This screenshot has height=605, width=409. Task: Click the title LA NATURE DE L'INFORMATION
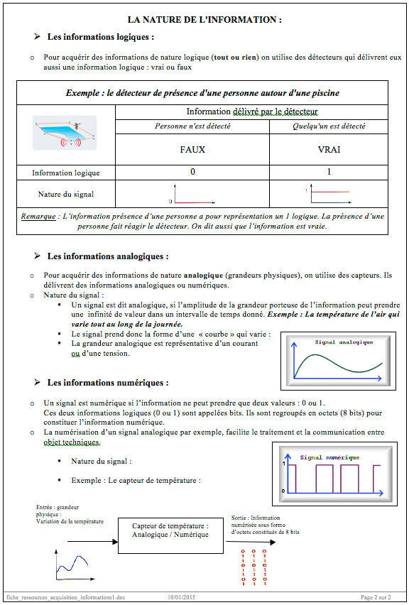coord(204,20)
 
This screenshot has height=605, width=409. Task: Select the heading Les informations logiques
coord(101,37)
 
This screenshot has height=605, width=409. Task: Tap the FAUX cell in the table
coord(192,149)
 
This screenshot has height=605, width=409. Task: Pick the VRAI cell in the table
coord(329,149)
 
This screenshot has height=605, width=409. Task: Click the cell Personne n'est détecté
coord(192,126)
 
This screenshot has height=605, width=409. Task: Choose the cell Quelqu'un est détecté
coord(329,126)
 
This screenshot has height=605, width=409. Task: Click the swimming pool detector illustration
coord(65,132)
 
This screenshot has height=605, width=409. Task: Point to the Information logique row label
coord(65,173)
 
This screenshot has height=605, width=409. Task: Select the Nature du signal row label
coord(65,194)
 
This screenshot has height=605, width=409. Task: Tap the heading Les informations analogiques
coord(108,256)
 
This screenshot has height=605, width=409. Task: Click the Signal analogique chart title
coord(344,342)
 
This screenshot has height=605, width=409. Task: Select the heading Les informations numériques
coord(108,383)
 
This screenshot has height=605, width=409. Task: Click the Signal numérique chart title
coord(329,457)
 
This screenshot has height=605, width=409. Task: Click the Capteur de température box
coord(170,535)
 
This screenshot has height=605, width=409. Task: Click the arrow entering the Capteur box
coord(92,542)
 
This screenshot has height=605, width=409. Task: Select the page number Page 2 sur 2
coord(376,597)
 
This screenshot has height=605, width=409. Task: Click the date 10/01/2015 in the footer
coord(181,597)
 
